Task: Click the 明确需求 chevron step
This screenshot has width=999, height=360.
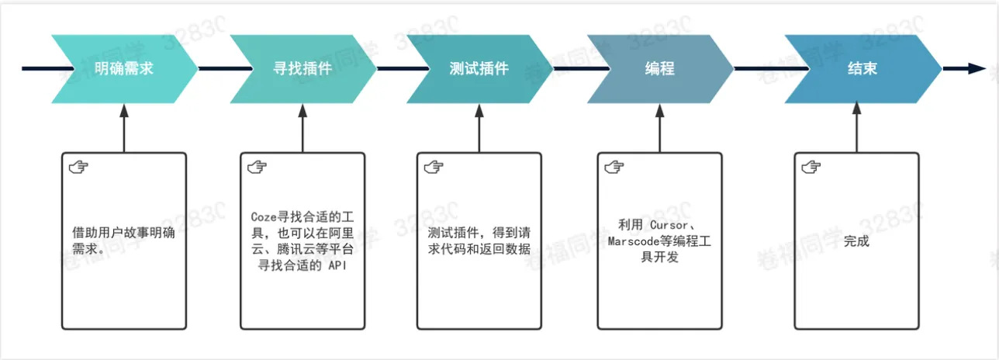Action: pos(124,68)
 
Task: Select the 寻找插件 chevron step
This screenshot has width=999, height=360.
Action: pos(302,68)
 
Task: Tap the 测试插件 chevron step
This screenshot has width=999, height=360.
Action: pos(479,68)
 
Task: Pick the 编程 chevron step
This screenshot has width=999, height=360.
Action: pos(660,68)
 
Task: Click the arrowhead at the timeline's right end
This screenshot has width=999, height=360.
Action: pos(976,68)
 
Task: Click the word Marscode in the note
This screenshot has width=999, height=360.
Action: pos(624,241)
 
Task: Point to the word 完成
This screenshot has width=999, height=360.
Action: pos(856,241)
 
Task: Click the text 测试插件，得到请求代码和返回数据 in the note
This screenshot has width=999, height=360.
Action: pos(479,241)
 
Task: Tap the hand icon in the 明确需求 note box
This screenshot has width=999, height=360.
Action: pos(78,167)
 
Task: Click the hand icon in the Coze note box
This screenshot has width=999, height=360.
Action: pos(257,167)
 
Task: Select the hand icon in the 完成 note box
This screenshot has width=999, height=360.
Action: pos(811,167)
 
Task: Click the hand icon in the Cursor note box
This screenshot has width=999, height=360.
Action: pos(614,167)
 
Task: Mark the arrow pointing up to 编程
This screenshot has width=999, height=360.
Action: pos(660,128)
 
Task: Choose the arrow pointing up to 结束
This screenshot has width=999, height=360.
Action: pos(857,128)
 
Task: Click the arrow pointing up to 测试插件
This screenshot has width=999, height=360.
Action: pos(479,128)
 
